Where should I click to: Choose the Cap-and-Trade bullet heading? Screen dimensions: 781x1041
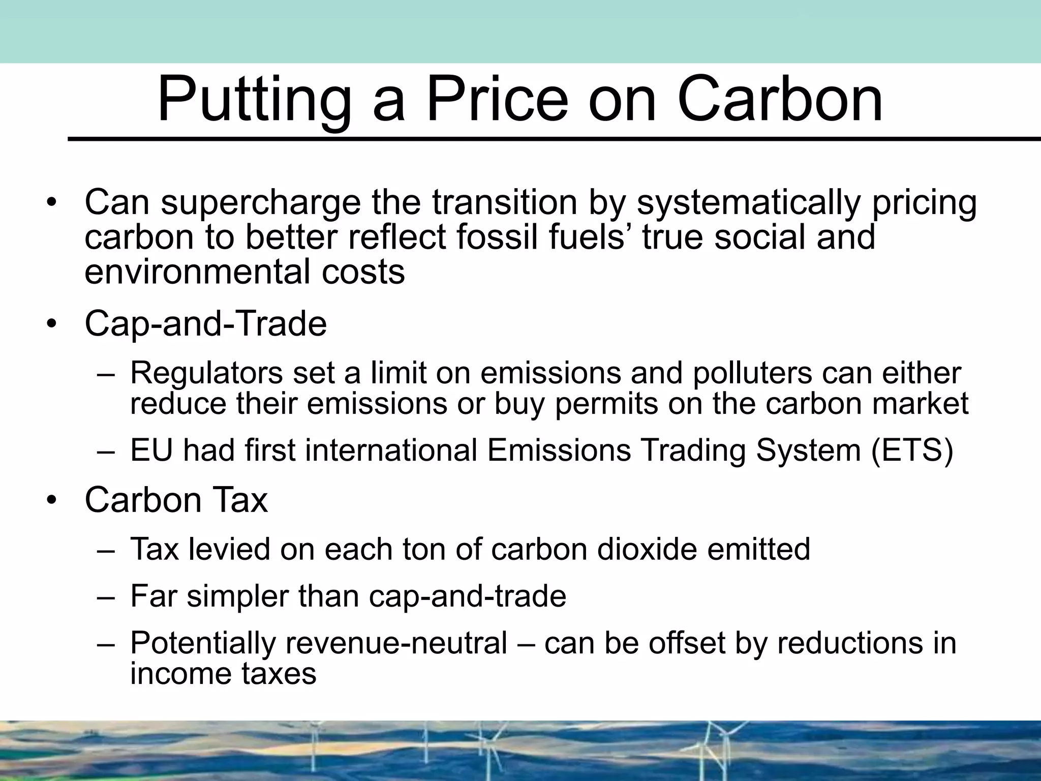pyautogui.click(x=205, y=323)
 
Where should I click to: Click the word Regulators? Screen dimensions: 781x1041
pyautogui.click(x=206, y=374)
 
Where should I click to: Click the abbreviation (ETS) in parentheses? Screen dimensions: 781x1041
pyautogui.click(x=912, y=450)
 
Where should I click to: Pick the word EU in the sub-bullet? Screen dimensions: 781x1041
pyautogui.click(x=151, y=450)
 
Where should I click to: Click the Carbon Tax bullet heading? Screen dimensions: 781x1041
pyautogui.click(x=176, y=500)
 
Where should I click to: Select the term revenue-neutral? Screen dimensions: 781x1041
pyautogui.click(x=396, y=643)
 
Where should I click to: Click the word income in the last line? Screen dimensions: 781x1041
pyautogui.click(x=180, y=674)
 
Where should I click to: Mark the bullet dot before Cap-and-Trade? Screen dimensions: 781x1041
pyautogui.click(x=51, y=324)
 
